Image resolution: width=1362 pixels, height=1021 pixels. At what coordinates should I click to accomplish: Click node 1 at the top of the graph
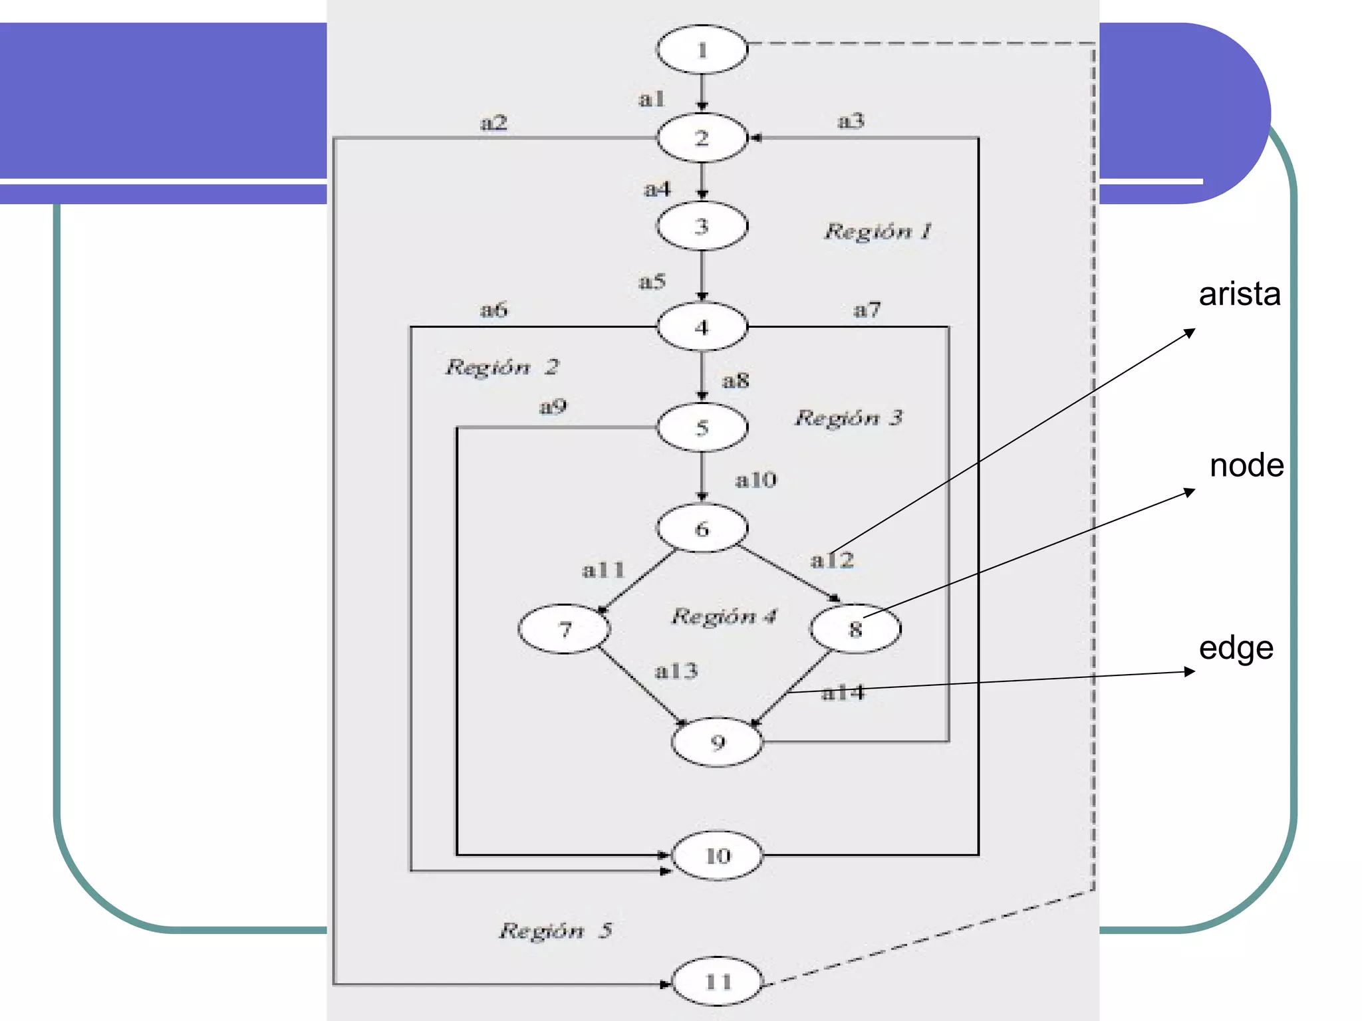(x=702, y=50)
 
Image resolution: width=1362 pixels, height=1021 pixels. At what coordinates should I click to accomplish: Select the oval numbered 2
(x=702, y=138)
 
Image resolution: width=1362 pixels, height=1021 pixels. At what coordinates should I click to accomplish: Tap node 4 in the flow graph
(x=702, y=327)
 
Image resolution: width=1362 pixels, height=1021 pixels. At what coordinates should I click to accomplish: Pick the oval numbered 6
(x=702, y=529)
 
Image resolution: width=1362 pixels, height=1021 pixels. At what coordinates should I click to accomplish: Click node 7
(x=564, y=629)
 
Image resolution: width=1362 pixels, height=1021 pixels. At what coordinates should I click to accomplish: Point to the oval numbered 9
(x=717, y=742)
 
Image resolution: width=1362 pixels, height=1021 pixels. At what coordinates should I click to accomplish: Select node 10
(x=717, y=855)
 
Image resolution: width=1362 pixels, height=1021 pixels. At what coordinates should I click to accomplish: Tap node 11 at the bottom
(x=717, y=982)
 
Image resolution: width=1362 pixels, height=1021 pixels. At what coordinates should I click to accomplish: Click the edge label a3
(x=851, y=121)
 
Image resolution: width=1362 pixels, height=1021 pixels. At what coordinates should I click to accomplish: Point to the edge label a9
(x=553, y=406)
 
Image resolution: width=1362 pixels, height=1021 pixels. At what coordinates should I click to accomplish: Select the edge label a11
(x=603, y=570)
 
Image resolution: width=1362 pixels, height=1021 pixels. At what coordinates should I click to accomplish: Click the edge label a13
(x=676, y=671)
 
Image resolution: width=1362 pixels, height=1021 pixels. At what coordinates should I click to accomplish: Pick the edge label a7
(x=867, y=310)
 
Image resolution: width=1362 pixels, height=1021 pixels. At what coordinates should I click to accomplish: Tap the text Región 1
(x=878, y=231)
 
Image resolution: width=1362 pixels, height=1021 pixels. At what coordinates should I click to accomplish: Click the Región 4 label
(x=724, y=616)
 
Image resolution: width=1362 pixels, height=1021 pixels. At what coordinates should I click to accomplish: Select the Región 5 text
(x=555, y=931)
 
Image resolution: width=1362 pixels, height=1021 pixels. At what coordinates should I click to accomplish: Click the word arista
(x=1239, y=294)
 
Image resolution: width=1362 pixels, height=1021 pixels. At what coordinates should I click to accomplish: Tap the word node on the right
(x=1246, y=465)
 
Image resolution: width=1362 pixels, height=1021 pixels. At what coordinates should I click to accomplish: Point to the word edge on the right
(x=1236, y=648)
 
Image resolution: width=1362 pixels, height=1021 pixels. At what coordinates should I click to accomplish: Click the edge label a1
(x=651, y=99)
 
